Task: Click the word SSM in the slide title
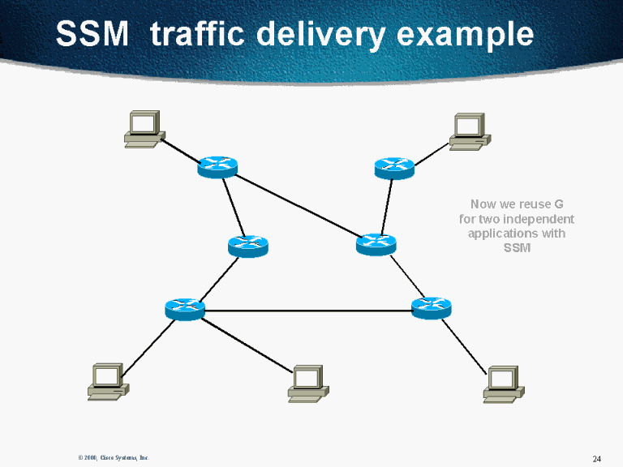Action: point(92,34)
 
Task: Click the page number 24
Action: point(596,459)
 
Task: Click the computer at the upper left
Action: point(144,129)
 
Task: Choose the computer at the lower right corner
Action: point(503,383)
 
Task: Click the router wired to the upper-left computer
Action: point(217,167)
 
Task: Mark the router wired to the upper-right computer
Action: point(394,168)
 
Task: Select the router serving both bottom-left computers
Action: point(184,308)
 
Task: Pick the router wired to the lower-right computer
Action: point(431,307)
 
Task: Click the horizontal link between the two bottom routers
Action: point(308,310)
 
